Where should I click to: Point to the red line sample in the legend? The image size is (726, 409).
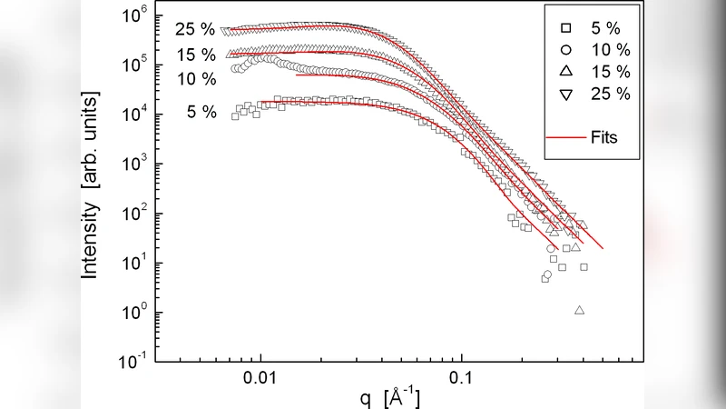click(x=564, y=137)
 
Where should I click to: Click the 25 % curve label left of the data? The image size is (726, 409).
click(x=195, y=30)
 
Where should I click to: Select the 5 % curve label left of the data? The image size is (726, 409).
click(x=201, y=113)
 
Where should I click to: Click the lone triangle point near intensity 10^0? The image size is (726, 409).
click(x=579, y=311)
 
